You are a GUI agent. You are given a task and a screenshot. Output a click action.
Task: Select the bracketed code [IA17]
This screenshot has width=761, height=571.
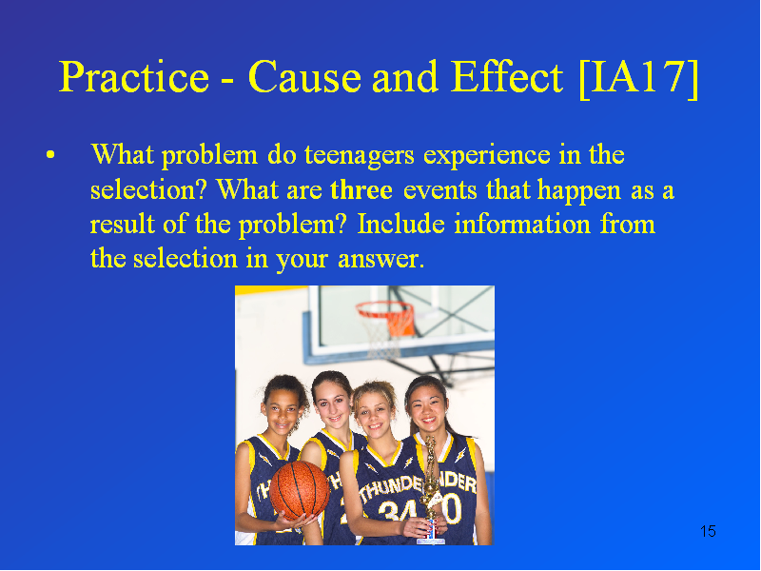tap(638, 78)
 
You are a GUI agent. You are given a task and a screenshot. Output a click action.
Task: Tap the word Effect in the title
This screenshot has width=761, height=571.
tap(507, 77)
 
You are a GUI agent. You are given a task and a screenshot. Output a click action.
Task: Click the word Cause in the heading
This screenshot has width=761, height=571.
tap(304, 77)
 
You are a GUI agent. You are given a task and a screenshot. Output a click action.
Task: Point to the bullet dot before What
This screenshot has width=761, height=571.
tap(50, 155)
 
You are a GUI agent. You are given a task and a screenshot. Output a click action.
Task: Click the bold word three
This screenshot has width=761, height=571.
tap(361, 189)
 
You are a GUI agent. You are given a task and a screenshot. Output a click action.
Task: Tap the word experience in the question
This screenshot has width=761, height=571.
tap(487, 156)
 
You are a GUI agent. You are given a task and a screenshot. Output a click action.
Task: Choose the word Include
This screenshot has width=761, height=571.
tap(400, 224)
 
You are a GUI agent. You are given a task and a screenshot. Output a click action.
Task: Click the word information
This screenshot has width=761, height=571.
tap(522, 224)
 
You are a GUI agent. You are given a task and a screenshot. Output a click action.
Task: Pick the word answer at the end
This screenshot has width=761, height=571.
tap(380, 259)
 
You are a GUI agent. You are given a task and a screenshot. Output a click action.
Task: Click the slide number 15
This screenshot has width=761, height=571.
tap(708, 531)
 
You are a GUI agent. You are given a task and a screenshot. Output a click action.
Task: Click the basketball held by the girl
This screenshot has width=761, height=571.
tap(300, 491)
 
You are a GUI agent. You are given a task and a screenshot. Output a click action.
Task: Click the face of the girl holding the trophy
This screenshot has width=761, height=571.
tap(375, 414)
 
